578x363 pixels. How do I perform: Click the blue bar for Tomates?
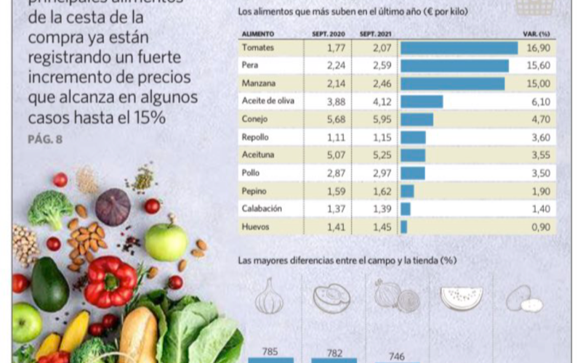click(x=459, y=48)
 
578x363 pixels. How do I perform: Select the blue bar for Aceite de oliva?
click(x=421, y=102)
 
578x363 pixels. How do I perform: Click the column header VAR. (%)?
click(x=536, y=33)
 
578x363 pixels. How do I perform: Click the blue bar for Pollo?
click(x=412, y=173)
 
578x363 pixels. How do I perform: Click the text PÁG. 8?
click(x=44, y=139)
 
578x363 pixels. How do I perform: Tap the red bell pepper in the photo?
click(x=110, y=280)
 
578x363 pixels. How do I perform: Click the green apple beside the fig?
click(x=166, y=242)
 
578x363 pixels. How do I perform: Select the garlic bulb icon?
click(x=270, y=296)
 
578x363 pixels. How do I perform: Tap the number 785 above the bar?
click(x=270, y=351)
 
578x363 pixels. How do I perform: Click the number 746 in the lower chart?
click(x=397, y=356)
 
